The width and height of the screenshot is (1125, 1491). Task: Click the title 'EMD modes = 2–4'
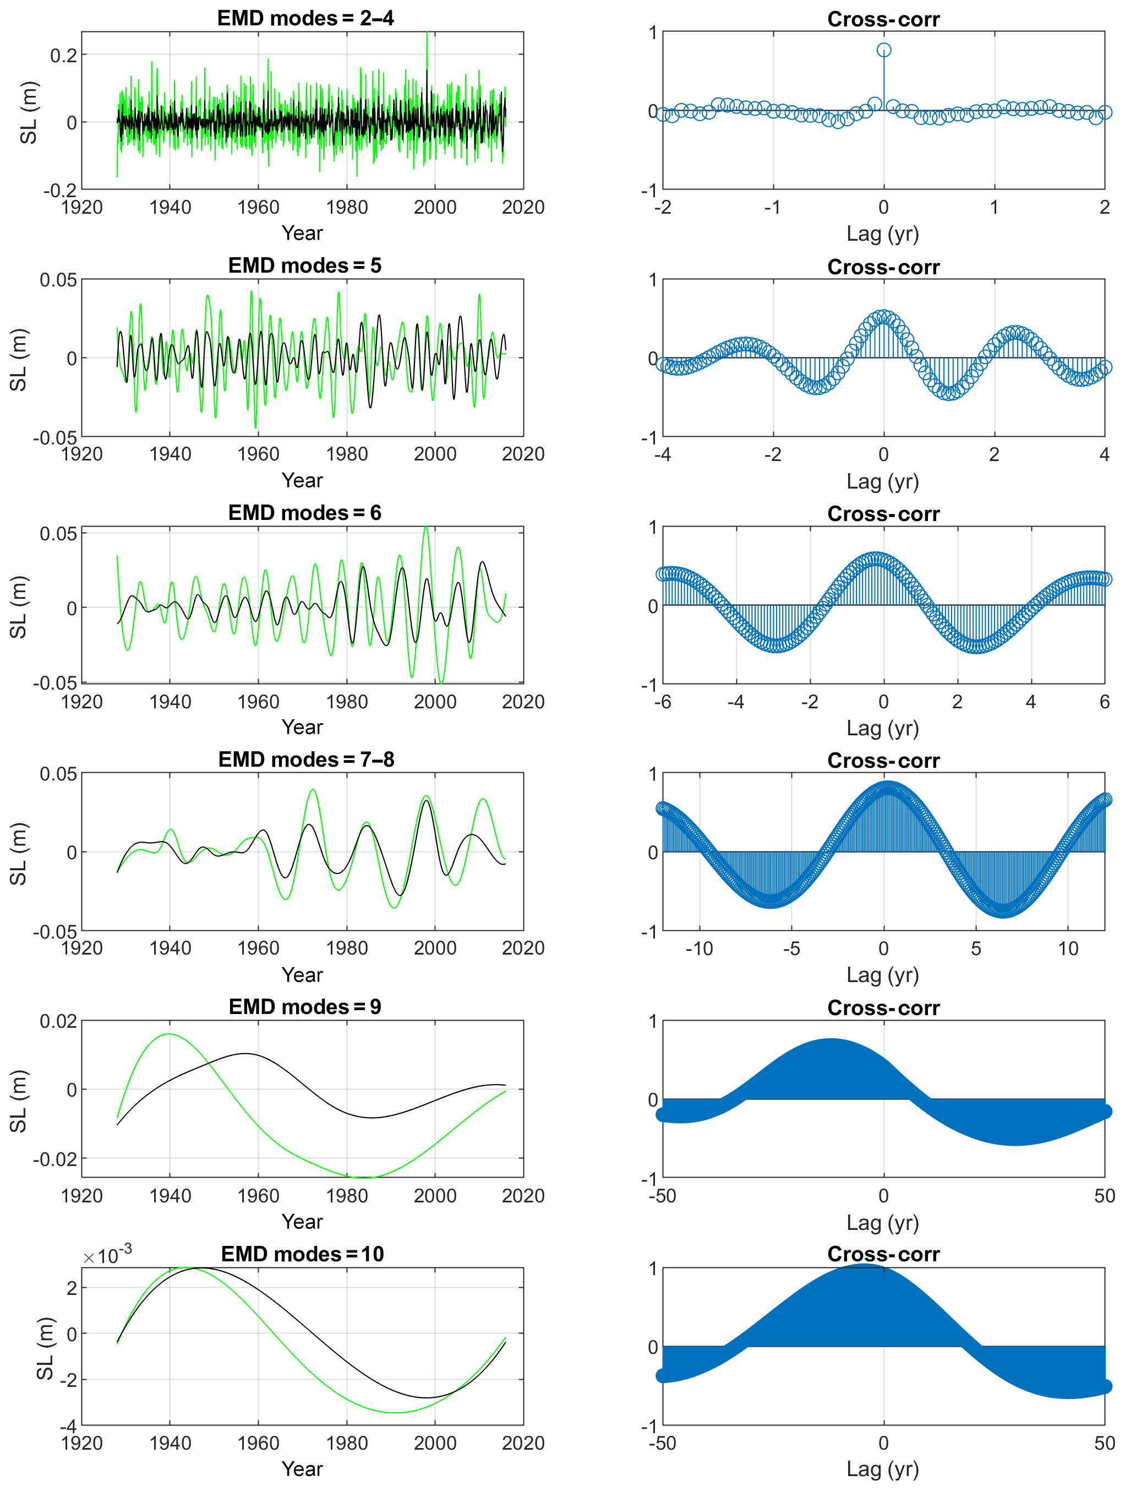pyautogui.click(x=305, y=18)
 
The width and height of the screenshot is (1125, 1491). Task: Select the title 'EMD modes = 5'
pyautogui.click(x=304, y=265)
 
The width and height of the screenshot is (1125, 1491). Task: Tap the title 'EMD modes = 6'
pyautogui.click(x=304, y=513)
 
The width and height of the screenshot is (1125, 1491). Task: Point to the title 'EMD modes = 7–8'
pyautogui.click(x=306, y=760)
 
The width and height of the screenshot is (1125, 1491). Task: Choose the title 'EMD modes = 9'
pyautogui.click(x=304, y=1007)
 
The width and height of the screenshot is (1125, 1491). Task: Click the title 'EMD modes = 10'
pyautogui.click(x=303, y=1254)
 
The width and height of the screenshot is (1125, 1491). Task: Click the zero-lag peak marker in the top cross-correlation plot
pyautogui.click(x=884, y=50)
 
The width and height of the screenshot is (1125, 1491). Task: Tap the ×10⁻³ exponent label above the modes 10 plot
pyautogui.click(x=108, y=1256)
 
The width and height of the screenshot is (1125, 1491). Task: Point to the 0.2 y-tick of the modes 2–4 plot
pyautogui.click(x=64, y=55)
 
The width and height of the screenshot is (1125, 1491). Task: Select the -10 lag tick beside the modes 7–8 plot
pyautogui.click(x=698, y=949)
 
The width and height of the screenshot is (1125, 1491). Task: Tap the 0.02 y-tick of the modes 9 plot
pyautogui.click(x=58, y=1022)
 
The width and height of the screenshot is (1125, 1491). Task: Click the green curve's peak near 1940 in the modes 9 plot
pyautogui.click(x=169, y=1034)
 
